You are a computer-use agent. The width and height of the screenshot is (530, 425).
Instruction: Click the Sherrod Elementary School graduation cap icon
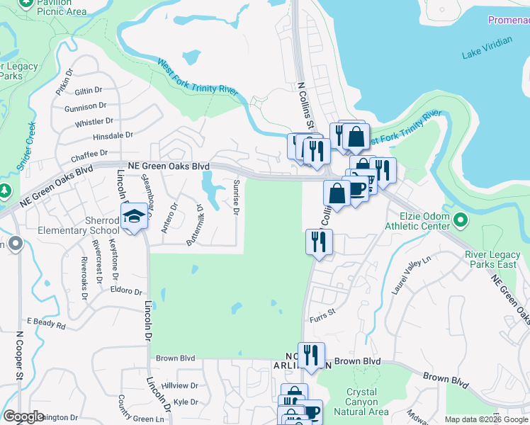(133, 215)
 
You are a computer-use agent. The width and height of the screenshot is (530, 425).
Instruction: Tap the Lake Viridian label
(486, 54)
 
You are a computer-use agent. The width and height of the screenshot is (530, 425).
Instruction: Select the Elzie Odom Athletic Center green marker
(461, 220)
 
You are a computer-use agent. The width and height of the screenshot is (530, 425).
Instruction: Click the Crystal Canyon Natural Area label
(367, 402)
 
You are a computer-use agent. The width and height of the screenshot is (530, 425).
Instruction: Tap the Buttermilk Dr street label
(195, 225)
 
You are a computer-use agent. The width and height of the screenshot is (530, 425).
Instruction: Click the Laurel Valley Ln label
(412, 276)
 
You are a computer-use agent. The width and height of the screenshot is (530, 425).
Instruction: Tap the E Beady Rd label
(46, 324)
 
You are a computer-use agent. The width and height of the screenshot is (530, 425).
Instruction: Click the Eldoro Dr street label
(126, 290)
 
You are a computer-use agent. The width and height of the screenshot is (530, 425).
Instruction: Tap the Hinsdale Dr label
(113, 135)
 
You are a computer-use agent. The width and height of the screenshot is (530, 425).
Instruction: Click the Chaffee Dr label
(89, 152)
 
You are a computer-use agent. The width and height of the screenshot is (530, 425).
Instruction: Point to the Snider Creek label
(26, 146)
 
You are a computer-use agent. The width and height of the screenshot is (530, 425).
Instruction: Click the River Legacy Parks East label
(495, 260)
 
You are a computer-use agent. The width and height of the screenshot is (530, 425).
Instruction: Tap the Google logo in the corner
(23, 416)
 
